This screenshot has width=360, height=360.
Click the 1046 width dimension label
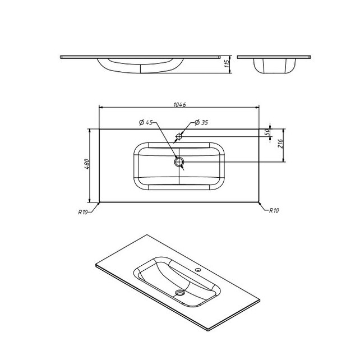pos(179,105)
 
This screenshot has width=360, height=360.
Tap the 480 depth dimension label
pos(87,164)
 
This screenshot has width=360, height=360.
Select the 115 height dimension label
pos(227,63)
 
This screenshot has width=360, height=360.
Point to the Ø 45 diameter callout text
pos(146,122)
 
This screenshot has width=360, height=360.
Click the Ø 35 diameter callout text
pos(201,122)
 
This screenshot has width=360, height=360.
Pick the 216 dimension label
pos(280,144)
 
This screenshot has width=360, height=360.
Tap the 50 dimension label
pos(267,132)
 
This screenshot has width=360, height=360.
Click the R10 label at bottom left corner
pos(82,212)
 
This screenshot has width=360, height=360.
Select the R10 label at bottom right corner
pos(274,210)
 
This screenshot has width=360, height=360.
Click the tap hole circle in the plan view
pos(179,136)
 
